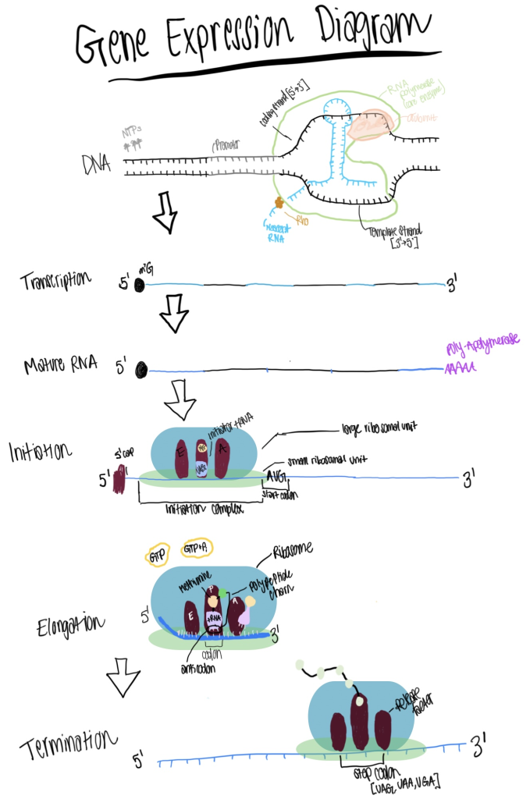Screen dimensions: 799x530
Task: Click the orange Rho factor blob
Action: tap(279, 203)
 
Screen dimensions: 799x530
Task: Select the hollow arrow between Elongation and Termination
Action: tap(123, 677)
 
